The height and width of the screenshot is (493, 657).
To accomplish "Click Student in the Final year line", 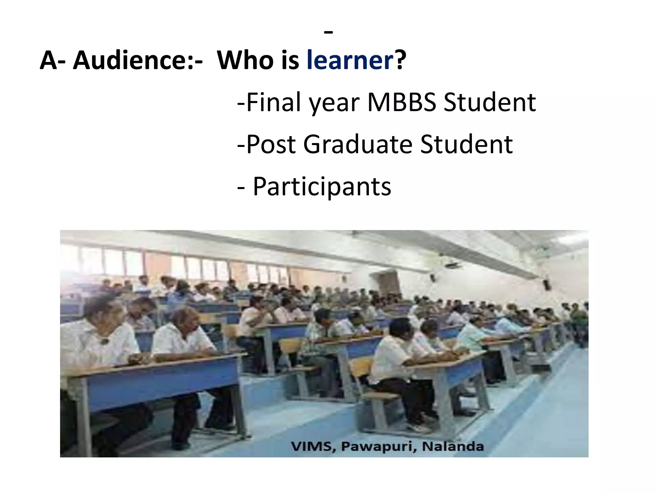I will pos(490,102).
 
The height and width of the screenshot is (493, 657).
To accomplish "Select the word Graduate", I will pos(358,144).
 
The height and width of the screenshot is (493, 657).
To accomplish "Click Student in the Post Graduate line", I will pos(466,144).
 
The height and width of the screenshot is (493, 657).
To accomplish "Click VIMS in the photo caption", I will pos(311,446).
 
